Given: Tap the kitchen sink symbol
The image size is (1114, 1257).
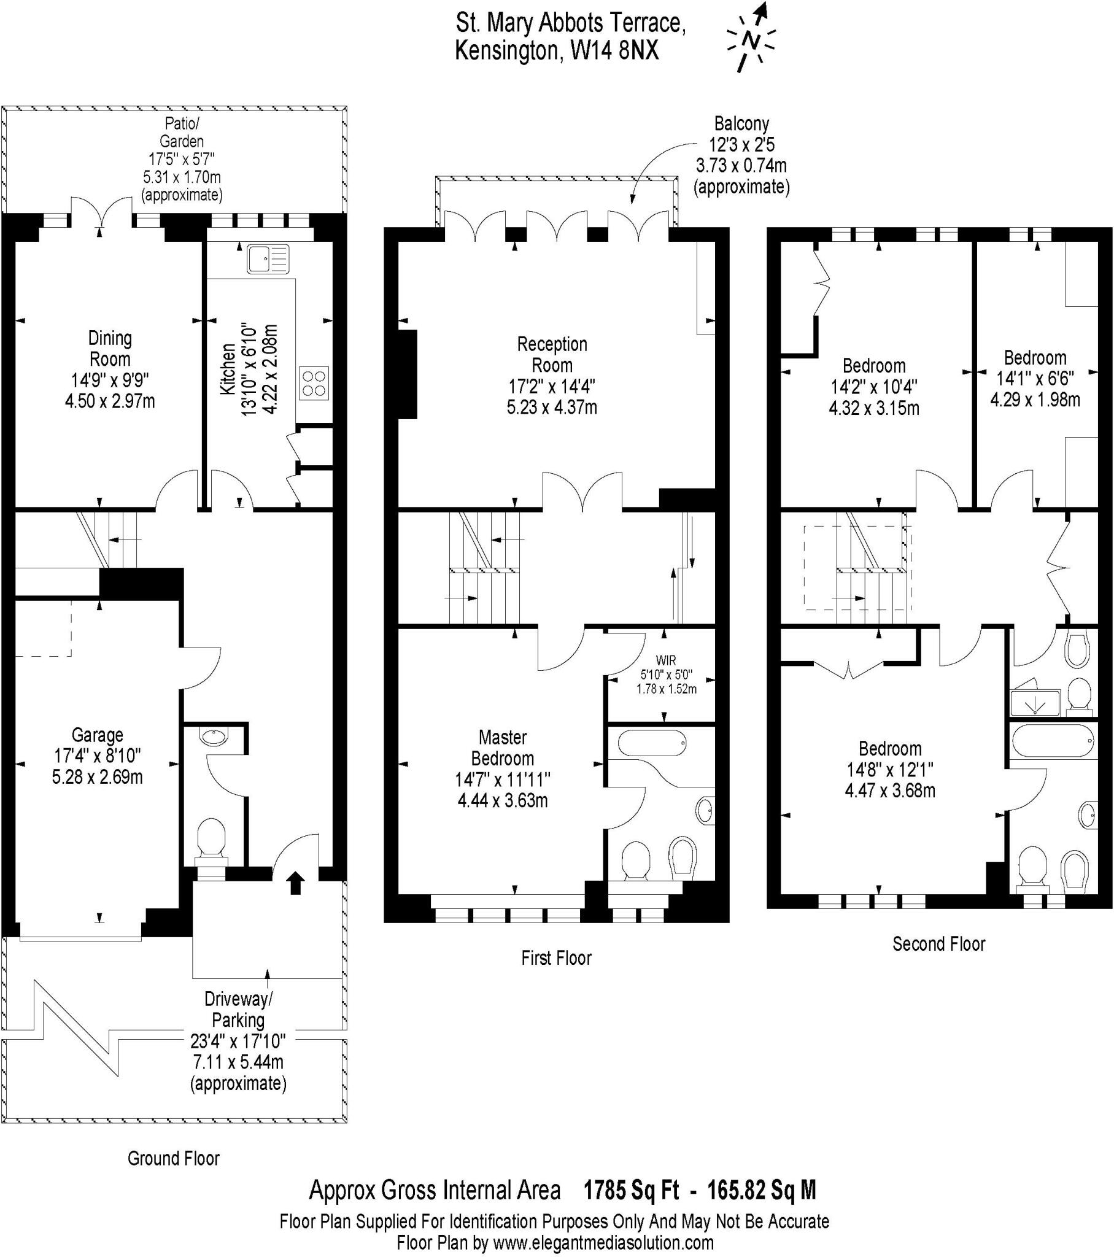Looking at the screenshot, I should [x=268, y=258].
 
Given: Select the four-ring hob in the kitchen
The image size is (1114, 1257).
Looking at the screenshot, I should [x=314, y=383].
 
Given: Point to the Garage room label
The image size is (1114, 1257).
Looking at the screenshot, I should [x=97, y=735].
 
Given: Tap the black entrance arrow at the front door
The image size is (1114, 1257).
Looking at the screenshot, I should [x=296, y=883].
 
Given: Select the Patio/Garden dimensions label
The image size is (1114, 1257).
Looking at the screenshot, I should [x=182, y=159].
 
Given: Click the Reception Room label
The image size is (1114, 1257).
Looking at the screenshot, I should [x=552, y=354].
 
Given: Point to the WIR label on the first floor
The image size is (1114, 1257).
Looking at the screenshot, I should [x=666, y=661].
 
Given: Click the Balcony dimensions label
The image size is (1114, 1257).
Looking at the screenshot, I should [x=741, y=154].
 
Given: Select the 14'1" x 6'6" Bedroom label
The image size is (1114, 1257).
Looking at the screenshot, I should [x=1035, y=377].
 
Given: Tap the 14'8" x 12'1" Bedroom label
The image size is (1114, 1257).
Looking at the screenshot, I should [x=890, y=769].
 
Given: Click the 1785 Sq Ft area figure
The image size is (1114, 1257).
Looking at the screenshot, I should [x=631, y=1191].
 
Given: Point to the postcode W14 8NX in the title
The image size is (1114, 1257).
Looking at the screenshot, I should [x=614, y=51].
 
